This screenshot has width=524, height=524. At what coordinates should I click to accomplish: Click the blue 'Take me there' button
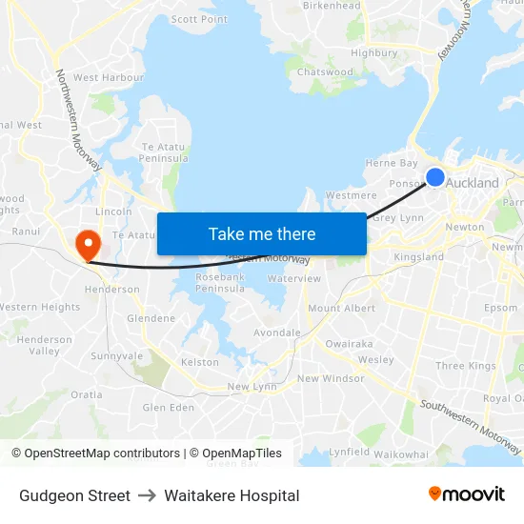coord(262,233)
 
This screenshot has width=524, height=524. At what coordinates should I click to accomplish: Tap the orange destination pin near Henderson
coord(88,242)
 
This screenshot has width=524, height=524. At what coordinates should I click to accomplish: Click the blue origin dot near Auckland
coord(434,177)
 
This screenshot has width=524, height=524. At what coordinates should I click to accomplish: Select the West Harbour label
coord(108,77)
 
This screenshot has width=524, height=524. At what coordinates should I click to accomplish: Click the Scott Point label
coord(199,19)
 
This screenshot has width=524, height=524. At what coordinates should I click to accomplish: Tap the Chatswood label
coord(325,72)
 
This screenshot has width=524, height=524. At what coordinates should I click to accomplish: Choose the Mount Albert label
coord(341,309)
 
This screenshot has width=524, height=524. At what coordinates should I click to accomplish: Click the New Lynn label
coord(252,387)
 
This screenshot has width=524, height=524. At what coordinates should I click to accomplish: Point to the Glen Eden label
coord(169,408)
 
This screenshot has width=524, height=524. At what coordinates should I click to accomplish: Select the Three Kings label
coord(466,366)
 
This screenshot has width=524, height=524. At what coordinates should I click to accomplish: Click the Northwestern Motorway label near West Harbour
coord(78,120)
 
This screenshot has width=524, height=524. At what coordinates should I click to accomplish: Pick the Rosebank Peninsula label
coord(220,282)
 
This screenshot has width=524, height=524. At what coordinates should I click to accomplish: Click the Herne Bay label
coord(392,164)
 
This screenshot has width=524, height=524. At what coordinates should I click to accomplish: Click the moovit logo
coord(467,494)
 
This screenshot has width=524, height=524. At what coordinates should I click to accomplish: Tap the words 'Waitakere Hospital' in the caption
coord(232,495)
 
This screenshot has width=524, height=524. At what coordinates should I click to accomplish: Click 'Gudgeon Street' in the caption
coord(74,495)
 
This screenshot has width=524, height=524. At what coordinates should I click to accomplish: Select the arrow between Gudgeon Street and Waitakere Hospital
coord(147,495)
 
